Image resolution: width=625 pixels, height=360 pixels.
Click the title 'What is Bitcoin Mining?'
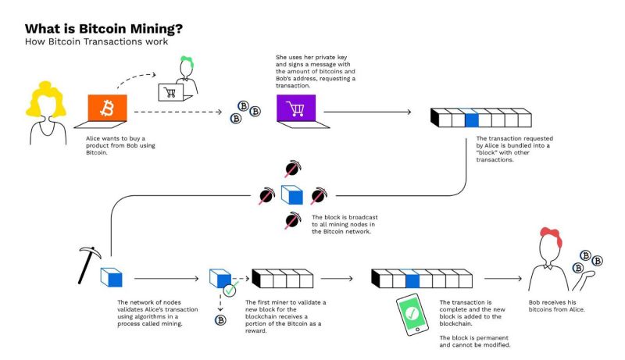(x=102, y=29)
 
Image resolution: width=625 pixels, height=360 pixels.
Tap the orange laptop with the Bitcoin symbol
(x=106, y=110)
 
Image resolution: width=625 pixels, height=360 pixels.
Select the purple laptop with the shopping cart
(x=295, y=110)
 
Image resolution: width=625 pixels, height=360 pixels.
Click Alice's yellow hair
(x=45, y=100)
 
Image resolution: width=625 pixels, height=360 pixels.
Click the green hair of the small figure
(x=186, y=61)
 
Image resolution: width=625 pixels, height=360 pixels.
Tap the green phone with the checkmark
(x=412, y=315)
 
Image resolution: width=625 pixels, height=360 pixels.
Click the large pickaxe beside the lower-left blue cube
(x=88, y=263)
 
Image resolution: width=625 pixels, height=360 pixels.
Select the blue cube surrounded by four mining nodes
(x=291, y=194)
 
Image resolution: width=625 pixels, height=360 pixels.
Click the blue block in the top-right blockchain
(x=470, y=118)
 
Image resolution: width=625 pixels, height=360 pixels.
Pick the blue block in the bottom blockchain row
(x=412, y=278)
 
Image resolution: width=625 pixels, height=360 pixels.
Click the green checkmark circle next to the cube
(x=230, y=290)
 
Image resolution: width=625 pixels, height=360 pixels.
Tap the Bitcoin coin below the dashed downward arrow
(x=220, y=320)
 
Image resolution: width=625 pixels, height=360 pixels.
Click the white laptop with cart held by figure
(x=171, y=92)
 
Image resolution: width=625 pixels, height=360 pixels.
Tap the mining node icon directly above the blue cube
(x=291, y=168)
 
